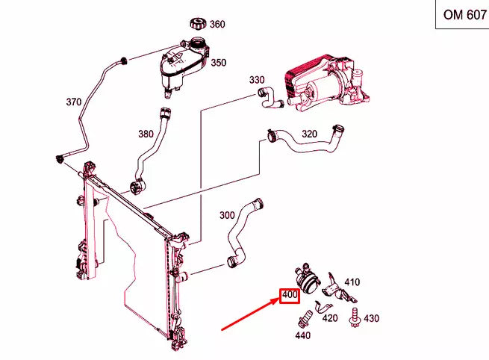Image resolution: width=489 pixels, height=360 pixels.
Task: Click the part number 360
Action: pos(217,24)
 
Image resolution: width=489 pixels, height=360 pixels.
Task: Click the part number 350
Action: pos(218,63)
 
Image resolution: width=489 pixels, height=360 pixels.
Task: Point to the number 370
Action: pos(74,102)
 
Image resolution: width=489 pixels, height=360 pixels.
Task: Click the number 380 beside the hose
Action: pos(146,134)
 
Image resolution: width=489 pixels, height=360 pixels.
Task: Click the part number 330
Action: pos(257,80)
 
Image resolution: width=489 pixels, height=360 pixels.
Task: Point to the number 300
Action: pos(227,215)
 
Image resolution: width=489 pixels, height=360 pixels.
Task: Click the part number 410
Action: pos(352,282)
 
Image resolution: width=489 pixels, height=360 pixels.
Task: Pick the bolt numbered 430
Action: pos(353,317)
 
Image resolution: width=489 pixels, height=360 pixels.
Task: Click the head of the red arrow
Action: pos(275,302)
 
